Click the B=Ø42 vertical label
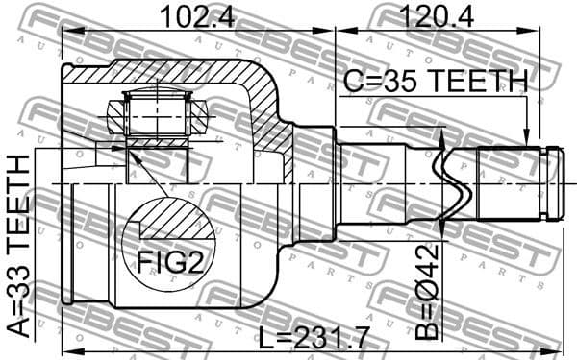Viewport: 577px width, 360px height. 432,295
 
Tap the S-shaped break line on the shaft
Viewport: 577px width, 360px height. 452,182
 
